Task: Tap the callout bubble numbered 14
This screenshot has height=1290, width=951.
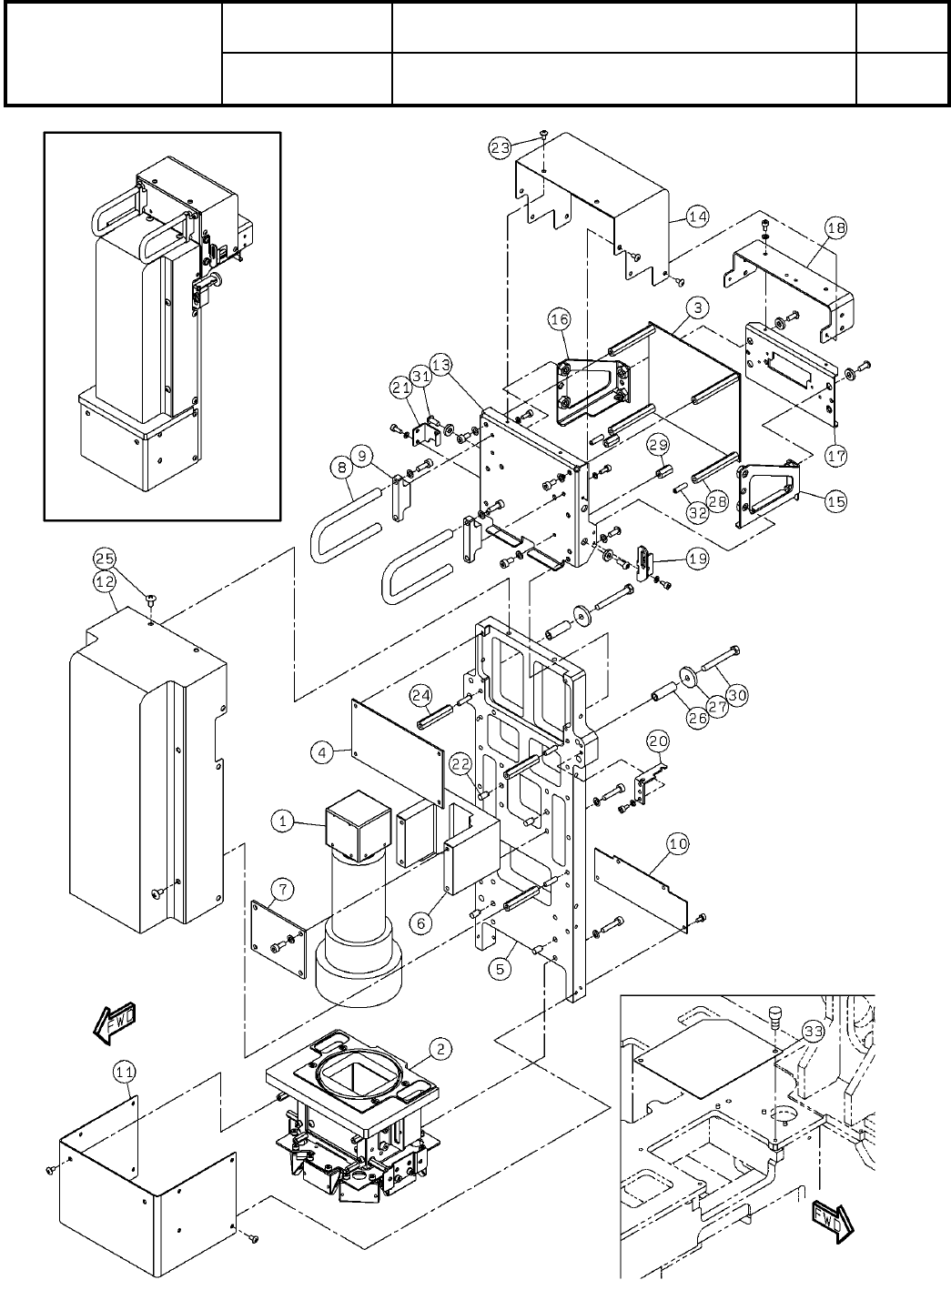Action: (697, 217)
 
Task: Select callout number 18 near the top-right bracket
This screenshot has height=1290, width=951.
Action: (835, 229)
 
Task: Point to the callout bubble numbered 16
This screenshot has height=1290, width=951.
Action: (558, 319)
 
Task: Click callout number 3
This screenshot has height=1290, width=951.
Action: (695, 308)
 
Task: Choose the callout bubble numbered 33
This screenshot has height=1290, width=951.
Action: (813, 1032)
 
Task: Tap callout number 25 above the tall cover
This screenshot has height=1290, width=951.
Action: (105, 557)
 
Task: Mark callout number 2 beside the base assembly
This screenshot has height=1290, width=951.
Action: (440, 1049)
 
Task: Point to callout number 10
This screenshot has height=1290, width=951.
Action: (678, 844)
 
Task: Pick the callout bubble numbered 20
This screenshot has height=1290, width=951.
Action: (657, 742)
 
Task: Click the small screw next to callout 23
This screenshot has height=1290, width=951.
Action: (544, 136)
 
